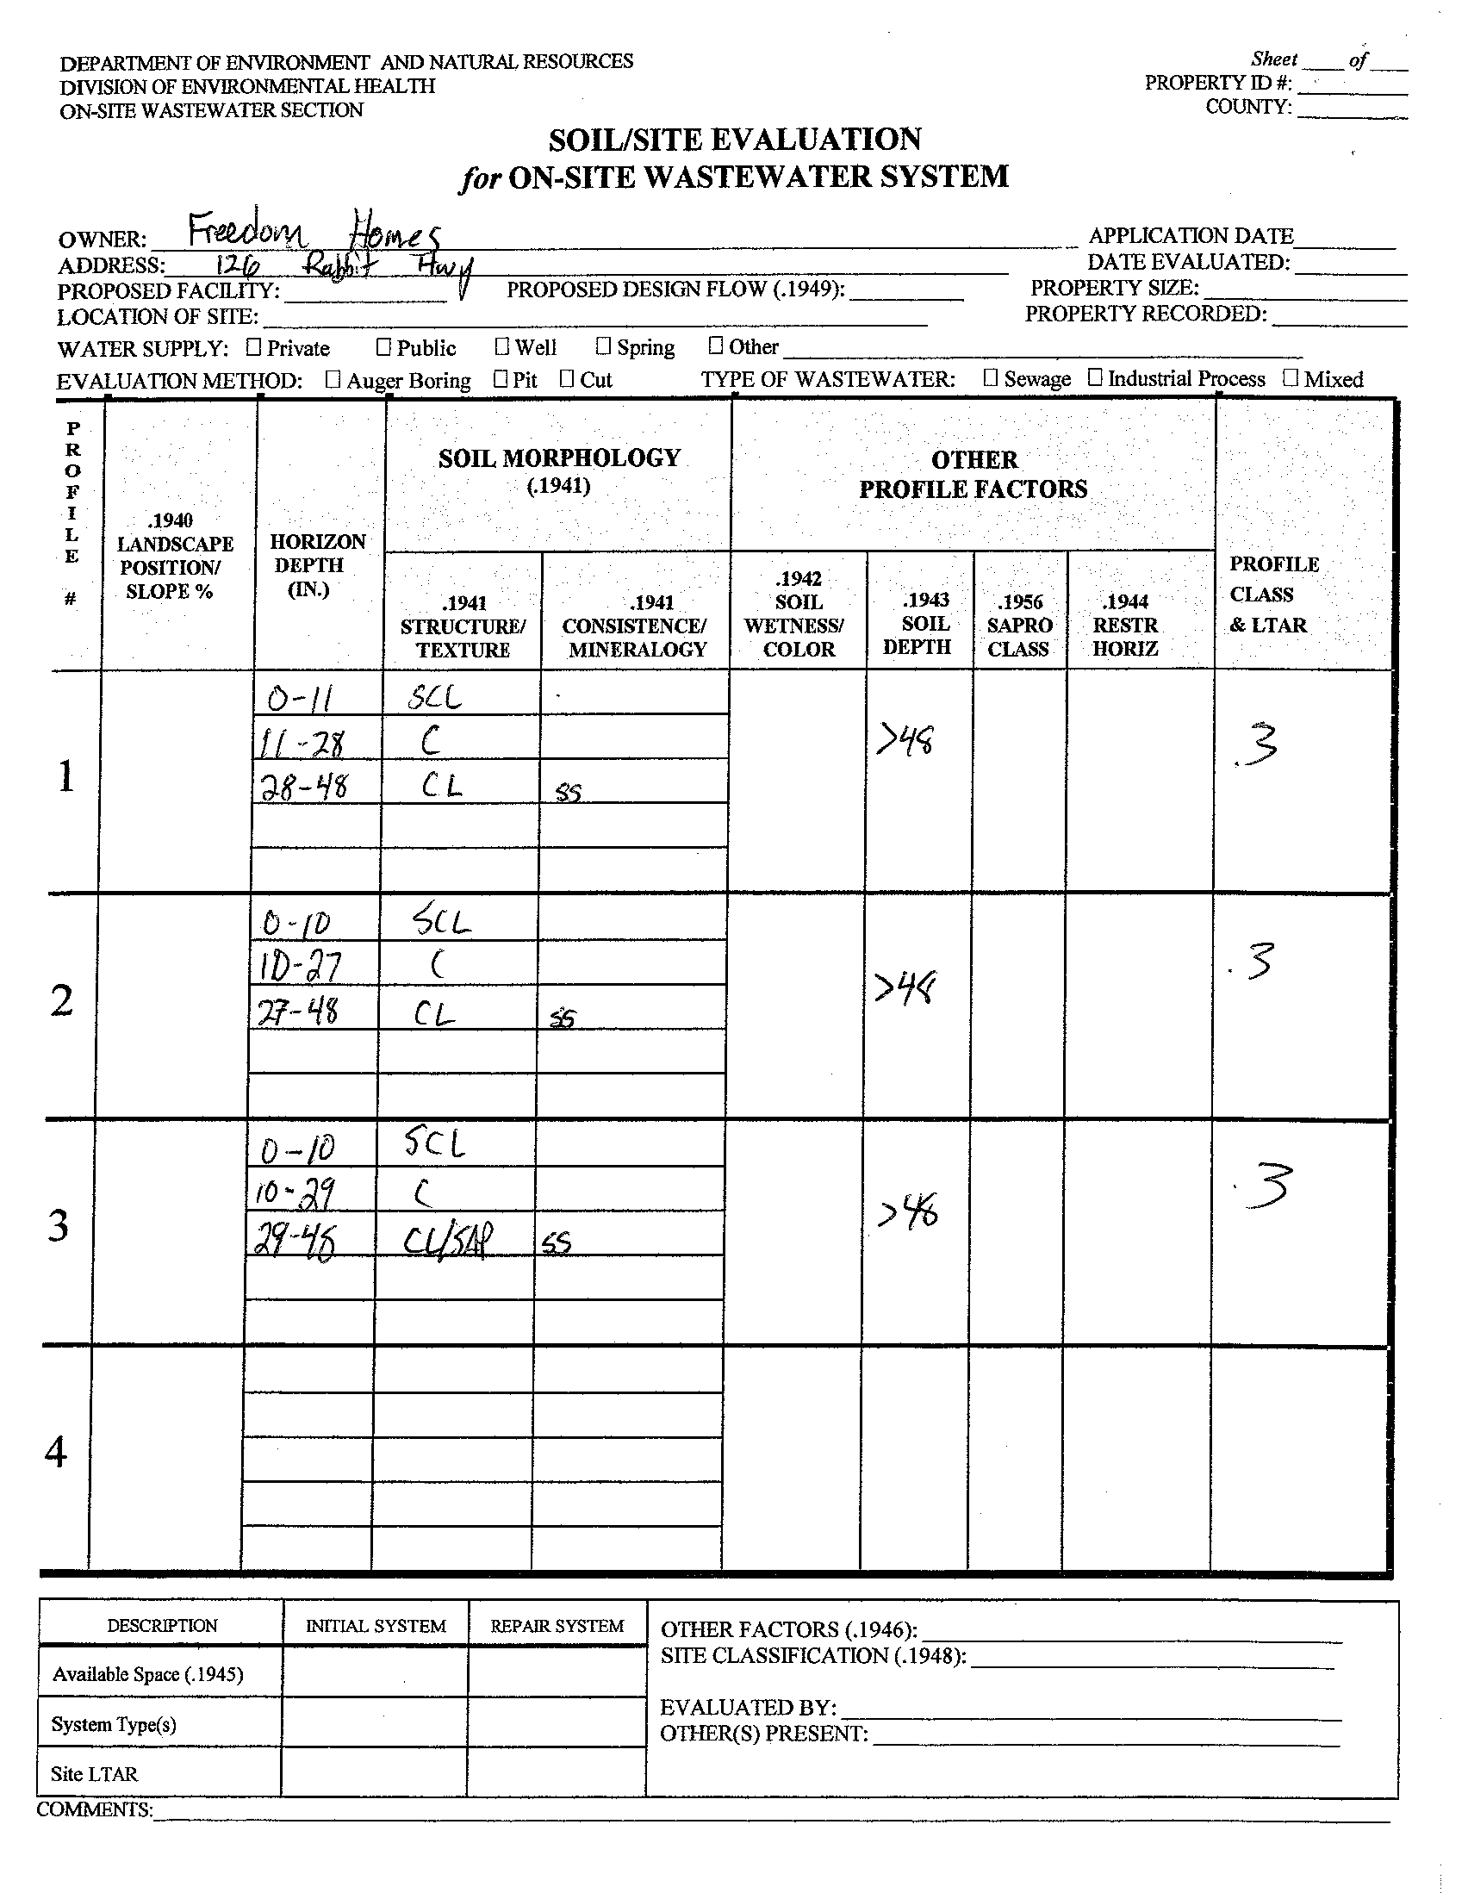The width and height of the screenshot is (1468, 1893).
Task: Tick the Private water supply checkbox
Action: point(253,347)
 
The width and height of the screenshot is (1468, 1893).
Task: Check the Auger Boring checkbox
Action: point(333,380)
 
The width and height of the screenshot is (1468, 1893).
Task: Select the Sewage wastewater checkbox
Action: point(991,378)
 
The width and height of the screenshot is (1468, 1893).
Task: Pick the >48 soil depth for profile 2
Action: point(905,987)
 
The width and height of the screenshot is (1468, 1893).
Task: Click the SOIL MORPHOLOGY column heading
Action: point(559,458)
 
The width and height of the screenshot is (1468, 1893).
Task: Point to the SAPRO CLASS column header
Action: point(1019,625)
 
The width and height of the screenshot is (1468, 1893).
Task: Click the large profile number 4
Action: point(56,1452)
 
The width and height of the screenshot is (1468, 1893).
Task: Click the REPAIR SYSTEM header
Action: point(557,1626)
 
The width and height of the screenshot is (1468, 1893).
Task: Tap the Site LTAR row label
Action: point(94,1774)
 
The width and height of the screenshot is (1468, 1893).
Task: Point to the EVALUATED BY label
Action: point(748,1708)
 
